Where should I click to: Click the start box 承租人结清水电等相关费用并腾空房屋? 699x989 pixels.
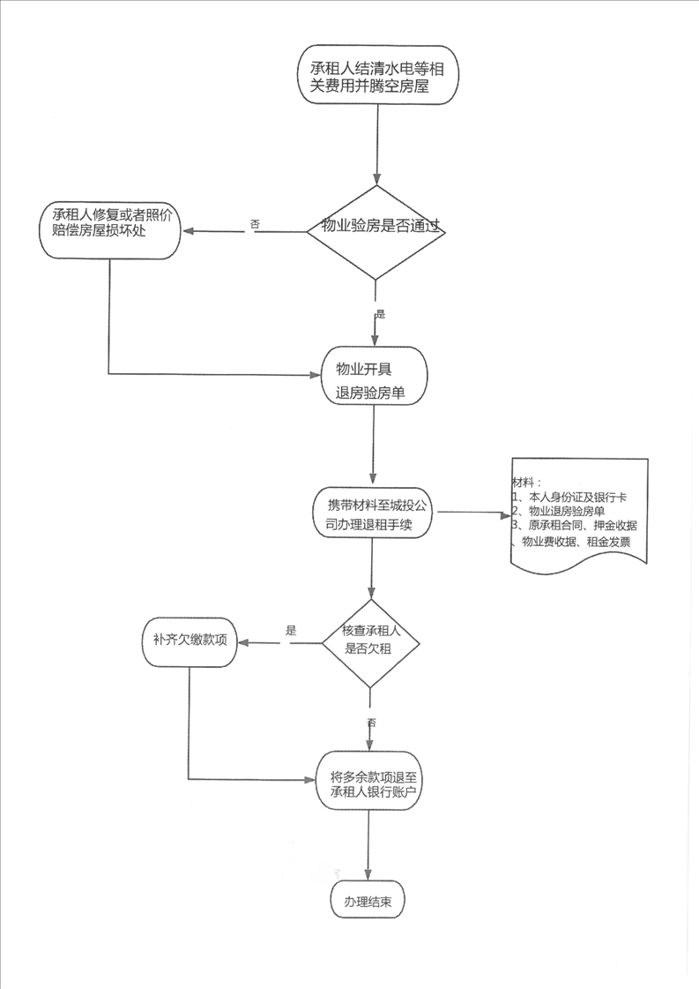click(x=377, y=75)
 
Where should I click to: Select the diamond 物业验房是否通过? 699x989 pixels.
click(x=376, y=231)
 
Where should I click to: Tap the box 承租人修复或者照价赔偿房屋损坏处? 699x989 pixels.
click(x=110, y=230)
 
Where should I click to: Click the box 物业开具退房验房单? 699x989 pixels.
click(x=374, y=375)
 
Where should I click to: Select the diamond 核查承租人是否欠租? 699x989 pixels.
click(x=370, y=643)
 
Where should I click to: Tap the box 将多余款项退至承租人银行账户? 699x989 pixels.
click(x=369, y=783)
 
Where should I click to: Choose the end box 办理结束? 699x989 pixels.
click(x=368, y=901)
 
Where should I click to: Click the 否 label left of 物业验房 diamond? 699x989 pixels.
click(x=255, y=224)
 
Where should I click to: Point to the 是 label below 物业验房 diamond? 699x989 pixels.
click(x=380, y=314)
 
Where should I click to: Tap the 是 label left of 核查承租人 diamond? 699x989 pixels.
click(x=291, y=630)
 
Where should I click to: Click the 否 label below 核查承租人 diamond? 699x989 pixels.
click(x=371, y=723)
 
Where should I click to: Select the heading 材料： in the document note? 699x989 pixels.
click(x=526, y=483)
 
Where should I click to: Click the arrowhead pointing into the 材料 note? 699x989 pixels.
click(x=507, y=514)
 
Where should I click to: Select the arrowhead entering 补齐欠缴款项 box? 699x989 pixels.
click(x=243, y=643)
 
